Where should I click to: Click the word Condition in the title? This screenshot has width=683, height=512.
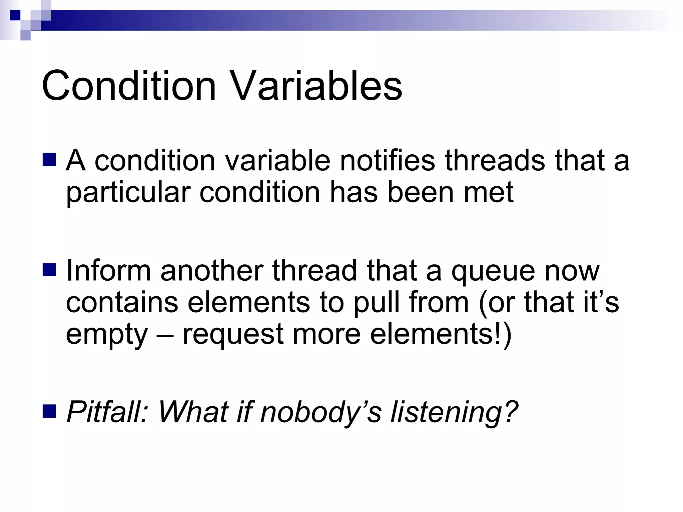coord(129,86)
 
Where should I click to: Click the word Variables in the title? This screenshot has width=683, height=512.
coord(316,86)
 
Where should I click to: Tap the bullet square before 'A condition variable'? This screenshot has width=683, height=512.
coord(49,160)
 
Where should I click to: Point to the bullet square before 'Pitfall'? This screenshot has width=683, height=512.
coord(49,411)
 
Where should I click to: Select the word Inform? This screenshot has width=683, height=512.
coord(108,270)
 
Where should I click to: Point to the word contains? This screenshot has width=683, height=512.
coord(122,302)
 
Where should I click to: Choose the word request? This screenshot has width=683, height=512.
coord(233,335)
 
